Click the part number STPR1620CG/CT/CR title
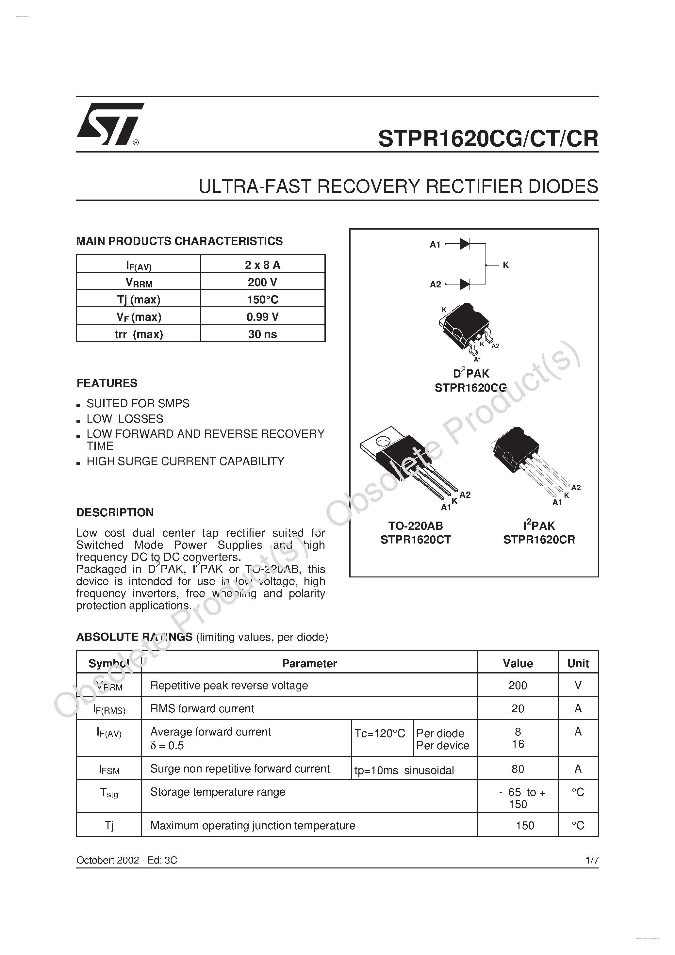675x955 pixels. pos(488,138)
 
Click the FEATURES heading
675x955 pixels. pos(107,383)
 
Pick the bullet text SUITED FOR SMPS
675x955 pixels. pos(138,403)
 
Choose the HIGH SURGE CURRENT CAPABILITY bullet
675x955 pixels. pos(185,461)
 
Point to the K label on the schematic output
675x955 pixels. pos(506,265)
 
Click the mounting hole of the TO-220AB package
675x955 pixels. pos(382,441)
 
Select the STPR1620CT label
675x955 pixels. pos(415,540)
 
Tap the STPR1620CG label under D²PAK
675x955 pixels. pos(470,388)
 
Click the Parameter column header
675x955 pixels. pos(309,663)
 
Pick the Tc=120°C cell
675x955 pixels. pos(380,733)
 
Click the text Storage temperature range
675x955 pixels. pos(218,792)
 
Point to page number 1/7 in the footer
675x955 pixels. pos(591,860)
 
